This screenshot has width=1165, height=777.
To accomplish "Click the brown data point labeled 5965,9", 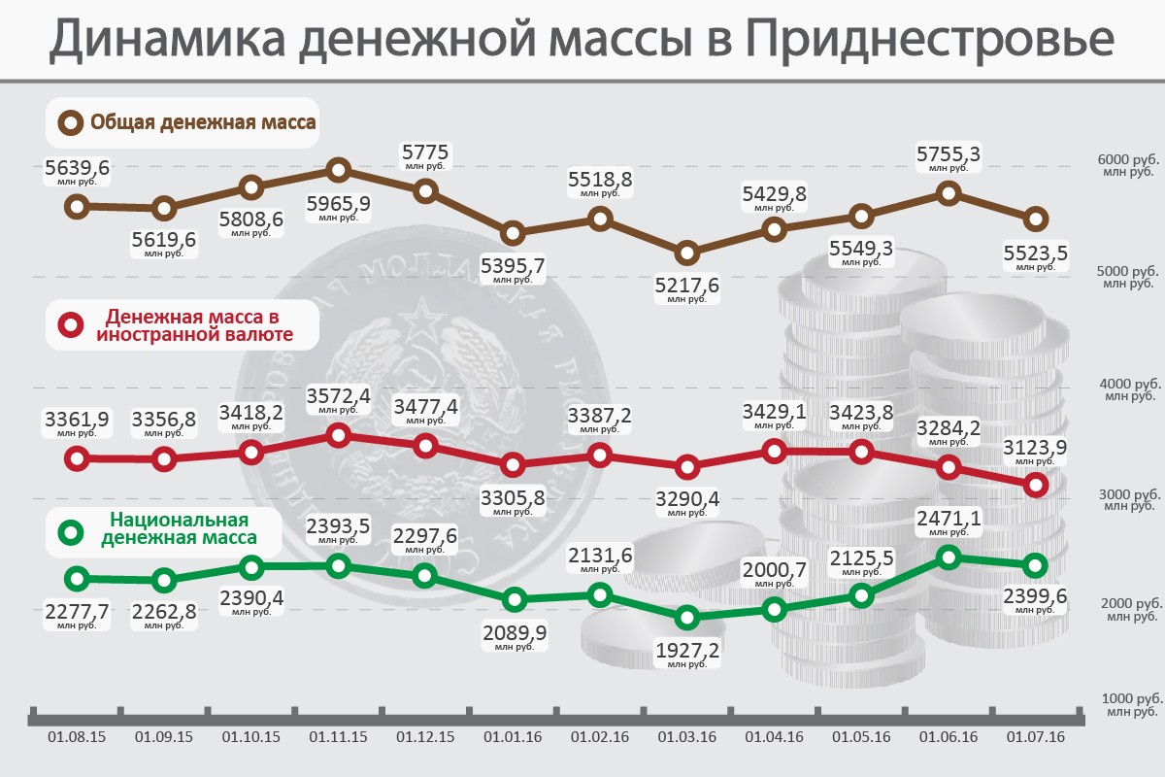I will click(338, 171).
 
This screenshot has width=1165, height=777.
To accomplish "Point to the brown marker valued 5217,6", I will click(687, 253).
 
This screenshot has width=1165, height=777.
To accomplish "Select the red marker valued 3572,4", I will click(338, 435).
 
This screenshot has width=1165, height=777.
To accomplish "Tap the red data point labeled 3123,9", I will click(1036, 484).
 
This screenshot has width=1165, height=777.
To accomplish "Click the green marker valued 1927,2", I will click(687, 617).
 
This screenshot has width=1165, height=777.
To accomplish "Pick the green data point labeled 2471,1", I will click(949, 557).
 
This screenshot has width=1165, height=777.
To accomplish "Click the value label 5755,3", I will click(949, 153).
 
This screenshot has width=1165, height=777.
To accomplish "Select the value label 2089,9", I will click(514, 633).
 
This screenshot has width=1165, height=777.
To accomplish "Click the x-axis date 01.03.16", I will click(687, 738).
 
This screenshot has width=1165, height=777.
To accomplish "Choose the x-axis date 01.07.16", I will click(1036, 738).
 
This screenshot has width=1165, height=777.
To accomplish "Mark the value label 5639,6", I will click(78, 168).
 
